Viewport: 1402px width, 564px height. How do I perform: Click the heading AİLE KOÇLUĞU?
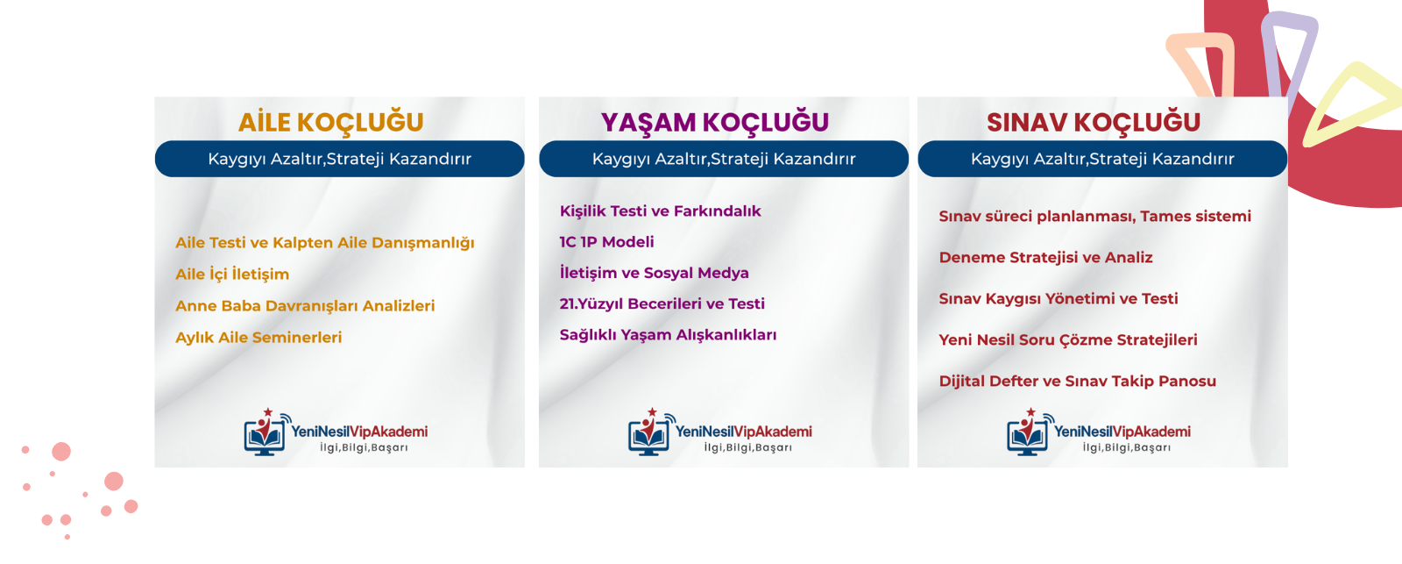[x=331, y=122]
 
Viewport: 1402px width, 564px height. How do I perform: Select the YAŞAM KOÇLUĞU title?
[x=715, y=123]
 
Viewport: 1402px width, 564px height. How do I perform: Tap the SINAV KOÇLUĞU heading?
[x=1094, y=123]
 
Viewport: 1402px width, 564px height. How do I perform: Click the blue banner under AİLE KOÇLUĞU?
[x=340, y=159]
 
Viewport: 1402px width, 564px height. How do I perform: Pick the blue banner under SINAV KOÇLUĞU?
[x=1102, y=159]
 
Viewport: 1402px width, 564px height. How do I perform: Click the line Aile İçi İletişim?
[x=232, y=274]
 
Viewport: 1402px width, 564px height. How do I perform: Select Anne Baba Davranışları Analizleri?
[x=305, y=306]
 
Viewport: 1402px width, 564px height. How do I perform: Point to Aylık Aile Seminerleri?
[x=258, y=337]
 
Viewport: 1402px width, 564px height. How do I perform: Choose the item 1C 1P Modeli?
[x=606, y=242]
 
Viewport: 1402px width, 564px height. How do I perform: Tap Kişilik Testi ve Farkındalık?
[x=661, y=211]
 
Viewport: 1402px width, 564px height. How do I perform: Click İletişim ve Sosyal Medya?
[x=654, y=273]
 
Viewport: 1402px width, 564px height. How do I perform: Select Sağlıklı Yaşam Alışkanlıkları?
[x=668, y=335]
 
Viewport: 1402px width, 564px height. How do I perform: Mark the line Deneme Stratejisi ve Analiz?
[x=1046, y=258]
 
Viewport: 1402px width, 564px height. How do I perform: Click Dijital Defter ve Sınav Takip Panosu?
[x=1077, y=381]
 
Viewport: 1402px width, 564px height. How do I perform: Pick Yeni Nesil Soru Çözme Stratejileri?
[x=1068, y=339]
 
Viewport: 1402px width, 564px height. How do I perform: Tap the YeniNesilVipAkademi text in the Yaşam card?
[x=744, y=432]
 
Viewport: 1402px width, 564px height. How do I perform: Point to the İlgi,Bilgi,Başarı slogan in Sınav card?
[x=1127, y=447]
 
